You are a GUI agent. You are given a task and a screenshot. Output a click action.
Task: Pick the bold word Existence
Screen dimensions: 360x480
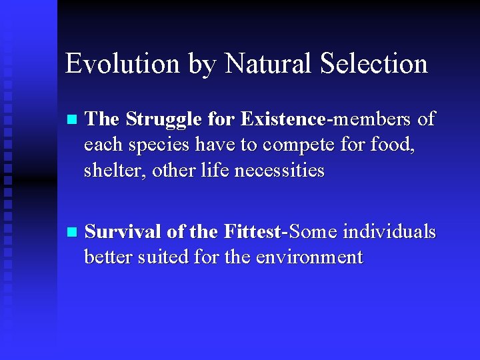pos(283,119)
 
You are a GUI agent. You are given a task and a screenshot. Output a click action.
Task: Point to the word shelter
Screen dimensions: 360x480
pos(114,171)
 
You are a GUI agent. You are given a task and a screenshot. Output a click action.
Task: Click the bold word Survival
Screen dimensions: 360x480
pos(124,232)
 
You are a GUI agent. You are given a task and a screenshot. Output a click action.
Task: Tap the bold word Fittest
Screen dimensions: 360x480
pos(252,231)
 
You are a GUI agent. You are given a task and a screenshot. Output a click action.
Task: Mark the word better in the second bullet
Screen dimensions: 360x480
pos(107,257)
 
